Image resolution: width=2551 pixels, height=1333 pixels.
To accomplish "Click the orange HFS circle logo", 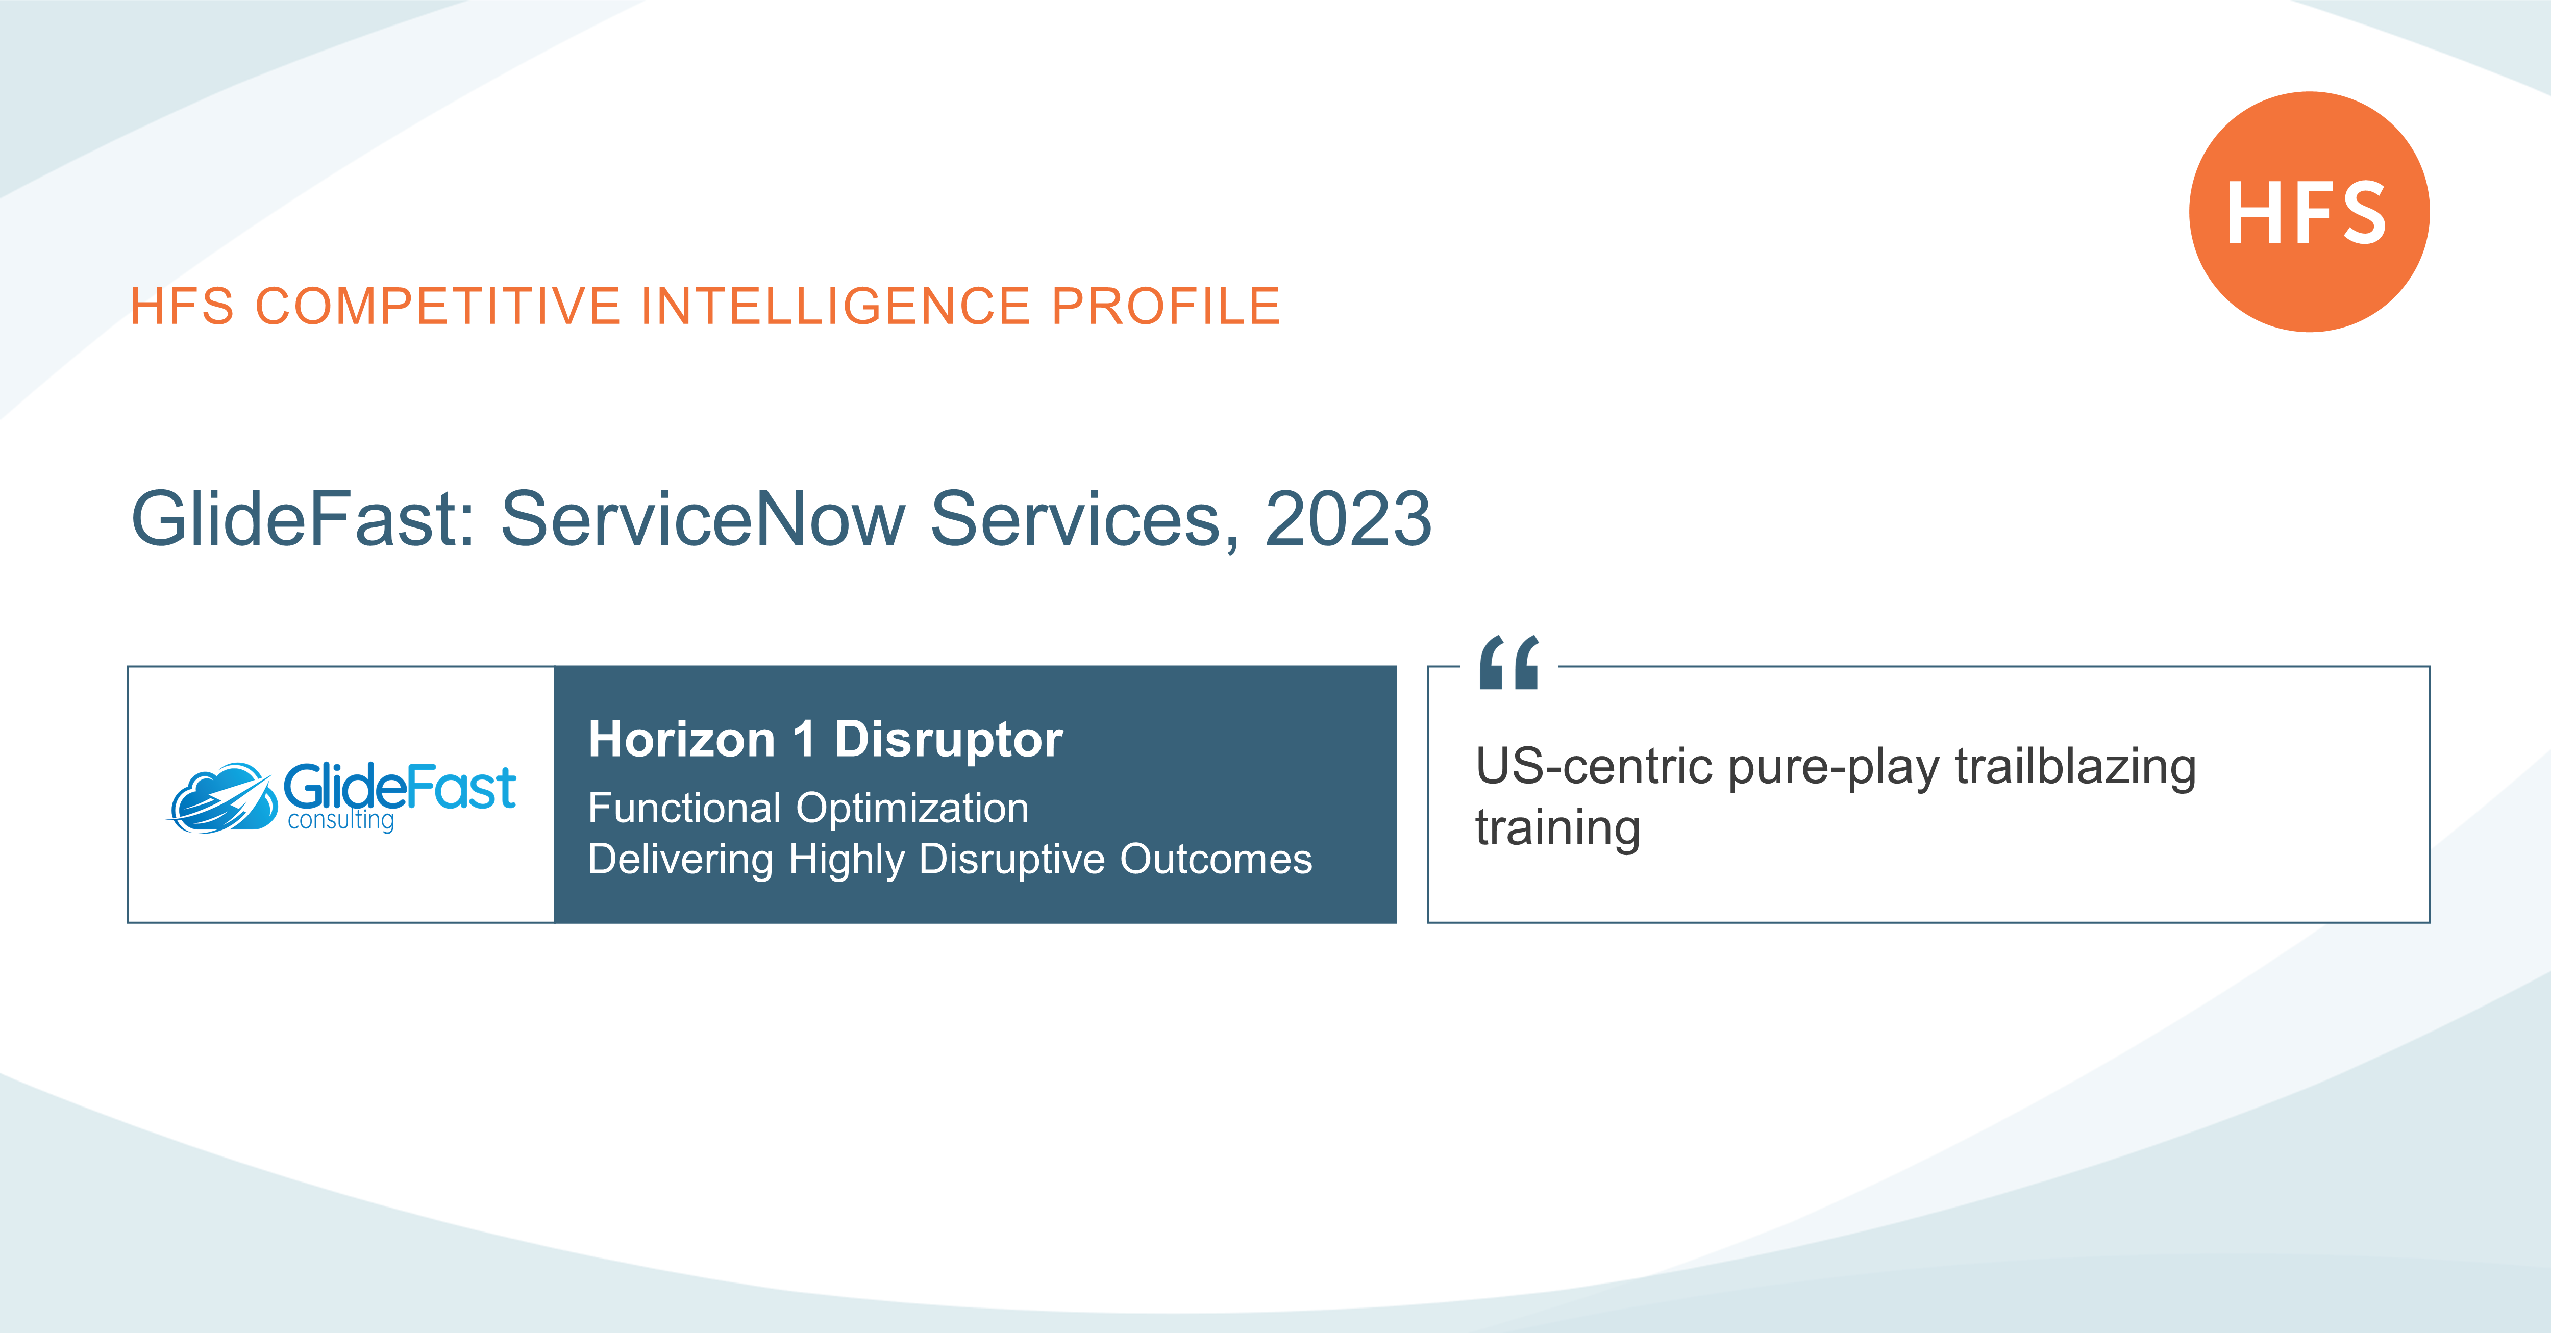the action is coord(2309,212).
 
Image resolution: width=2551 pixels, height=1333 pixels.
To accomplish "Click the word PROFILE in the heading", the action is coord(1166,306).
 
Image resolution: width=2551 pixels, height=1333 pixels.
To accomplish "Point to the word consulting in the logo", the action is coord(341,821).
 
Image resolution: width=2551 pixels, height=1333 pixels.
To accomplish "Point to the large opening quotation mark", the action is coord(1509,663).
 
